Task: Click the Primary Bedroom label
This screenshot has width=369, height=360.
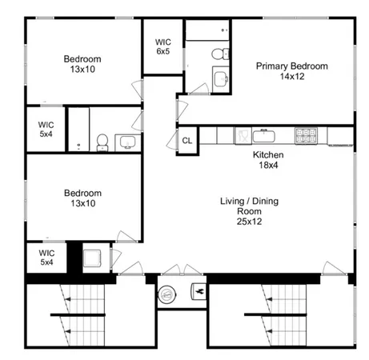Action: (x=292, y=71)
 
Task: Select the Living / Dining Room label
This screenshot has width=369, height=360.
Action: (x=250, y=210)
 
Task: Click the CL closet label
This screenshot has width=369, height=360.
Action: (x=187, y=141)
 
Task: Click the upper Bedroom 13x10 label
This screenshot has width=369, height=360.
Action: (x=83, y=64)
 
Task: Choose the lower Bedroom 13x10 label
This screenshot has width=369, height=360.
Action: (x=83, y=198)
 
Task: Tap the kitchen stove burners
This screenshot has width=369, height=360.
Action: (x=306, y=134)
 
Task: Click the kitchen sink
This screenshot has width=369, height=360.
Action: (x=263, y=134)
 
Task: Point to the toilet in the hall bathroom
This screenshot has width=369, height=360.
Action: (x=102, y=142)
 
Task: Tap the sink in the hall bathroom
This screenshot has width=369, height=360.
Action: (x=126, y=143)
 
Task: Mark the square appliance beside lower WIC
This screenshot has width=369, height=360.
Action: (x=92, y=258)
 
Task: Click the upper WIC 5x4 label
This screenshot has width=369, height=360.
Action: (x=46, y=129)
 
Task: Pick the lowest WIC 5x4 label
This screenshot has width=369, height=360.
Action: (x=46, y=257)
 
